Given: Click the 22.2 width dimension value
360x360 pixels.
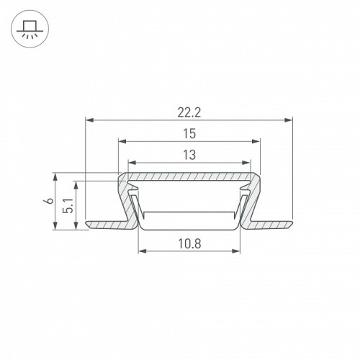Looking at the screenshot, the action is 189,112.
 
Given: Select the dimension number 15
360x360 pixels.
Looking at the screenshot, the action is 189,134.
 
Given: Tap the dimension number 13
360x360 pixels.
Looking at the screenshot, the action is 189,155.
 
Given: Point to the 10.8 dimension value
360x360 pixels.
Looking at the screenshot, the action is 189,244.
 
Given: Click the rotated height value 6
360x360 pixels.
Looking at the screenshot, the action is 50,200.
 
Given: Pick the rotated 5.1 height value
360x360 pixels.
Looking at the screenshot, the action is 68,206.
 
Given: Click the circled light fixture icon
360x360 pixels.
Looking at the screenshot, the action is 30,29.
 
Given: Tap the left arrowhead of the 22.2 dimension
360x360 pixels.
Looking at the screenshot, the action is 89,120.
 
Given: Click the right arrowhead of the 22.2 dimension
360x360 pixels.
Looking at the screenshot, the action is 289,120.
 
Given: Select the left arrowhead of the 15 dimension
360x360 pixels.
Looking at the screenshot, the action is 122,141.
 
